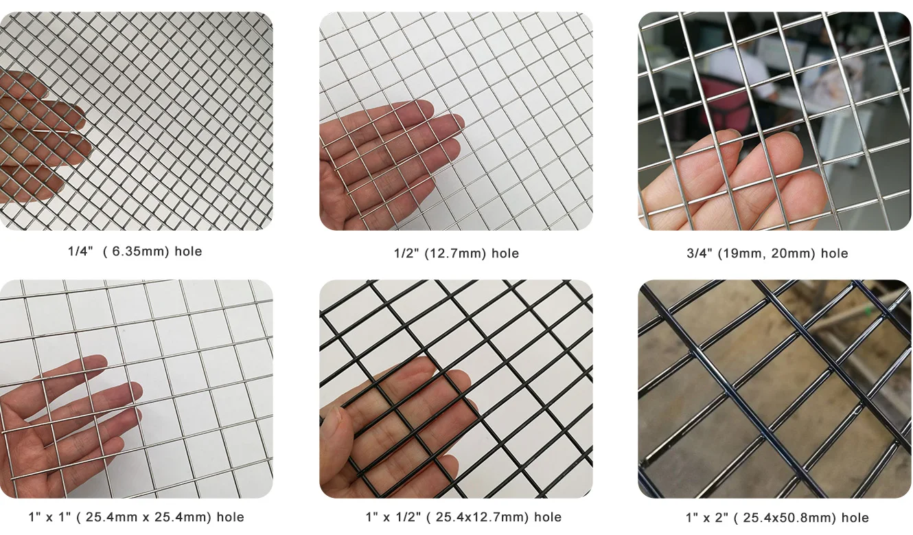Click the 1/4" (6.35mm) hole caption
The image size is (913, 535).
[x=135, y=251]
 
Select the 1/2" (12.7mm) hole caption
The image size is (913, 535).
[x=456, y=253]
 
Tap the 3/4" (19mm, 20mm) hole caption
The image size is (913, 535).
[x=767, y=253]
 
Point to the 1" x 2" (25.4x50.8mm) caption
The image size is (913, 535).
[x=776, y=517]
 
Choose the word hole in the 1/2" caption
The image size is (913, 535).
[x=505, y=253]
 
